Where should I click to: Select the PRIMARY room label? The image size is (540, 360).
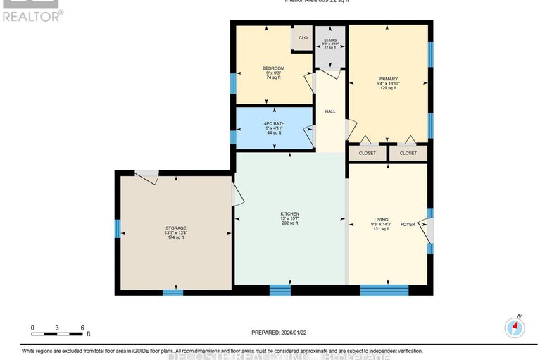(387, 79)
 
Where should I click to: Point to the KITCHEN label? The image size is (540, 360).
(289, 213)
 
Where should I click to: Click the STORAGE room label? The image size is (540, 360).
(175, 228)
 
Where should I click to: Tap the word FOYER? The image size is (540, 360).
(408, 224)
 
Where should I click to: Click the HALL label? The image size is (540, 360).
(329, 111)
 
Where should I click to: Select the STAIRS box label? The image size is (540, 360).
(329, 40)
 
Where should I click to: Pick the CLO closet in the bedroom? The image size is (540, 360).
(303, 37)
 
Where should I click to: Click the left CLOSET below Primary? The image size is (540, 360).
(368, 153)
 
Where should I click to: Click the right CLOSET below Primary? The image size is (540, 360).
(408, 153)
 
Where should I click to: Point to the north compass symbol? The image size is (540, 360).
(515, 327)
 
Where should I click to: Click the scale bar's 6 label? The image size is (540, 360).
(82, 328)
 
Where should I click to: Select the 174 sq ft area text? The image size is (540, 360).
(175, 238)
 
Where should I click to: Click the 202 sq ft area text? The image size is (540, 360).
(289, 223)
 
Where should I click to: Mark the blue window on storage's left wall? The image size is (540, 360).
(118, 228)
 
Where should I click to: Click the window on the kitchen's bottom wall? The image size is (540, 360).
(280, 290)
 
